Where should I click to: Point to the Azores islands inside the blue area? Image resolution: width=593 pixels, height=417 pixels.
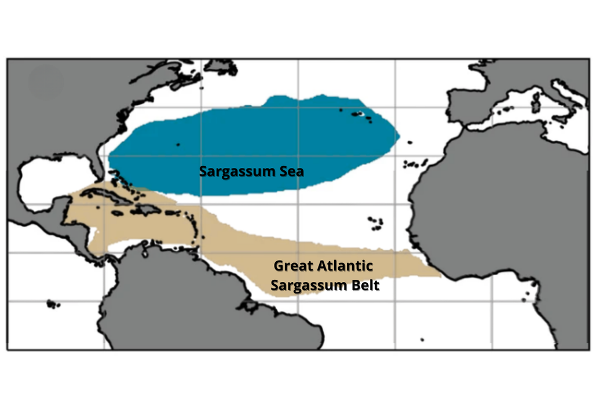(x=360, y=114)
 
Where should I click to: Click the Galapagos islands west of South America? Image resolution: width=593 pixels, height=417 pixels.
(x=53, y=303)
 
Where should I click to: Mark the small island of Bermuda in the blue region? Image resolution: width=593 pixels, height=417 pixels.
(x=178, y=144)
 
